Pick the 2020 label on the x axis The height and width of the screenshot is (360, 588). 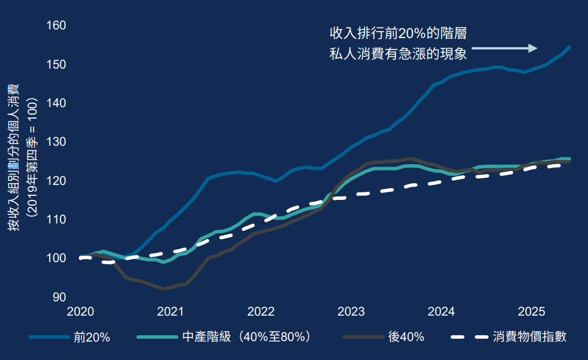[x=81, y=312]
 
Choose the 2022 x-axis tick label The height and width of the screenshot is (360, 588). [x=261, y=312]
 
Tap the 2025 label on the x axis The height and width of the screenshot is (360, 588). [x=532, y=312]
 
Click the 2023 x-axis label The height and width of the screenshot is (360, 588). [x=351, y=312]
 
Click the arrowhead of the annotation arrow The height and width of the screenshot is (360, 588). [x=533, y=48]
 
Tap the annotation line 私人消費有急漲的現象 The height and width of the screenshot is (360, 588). [x=398, y=54]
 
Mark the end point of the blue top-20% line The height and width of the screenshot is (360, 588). [x=569, y=47]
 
